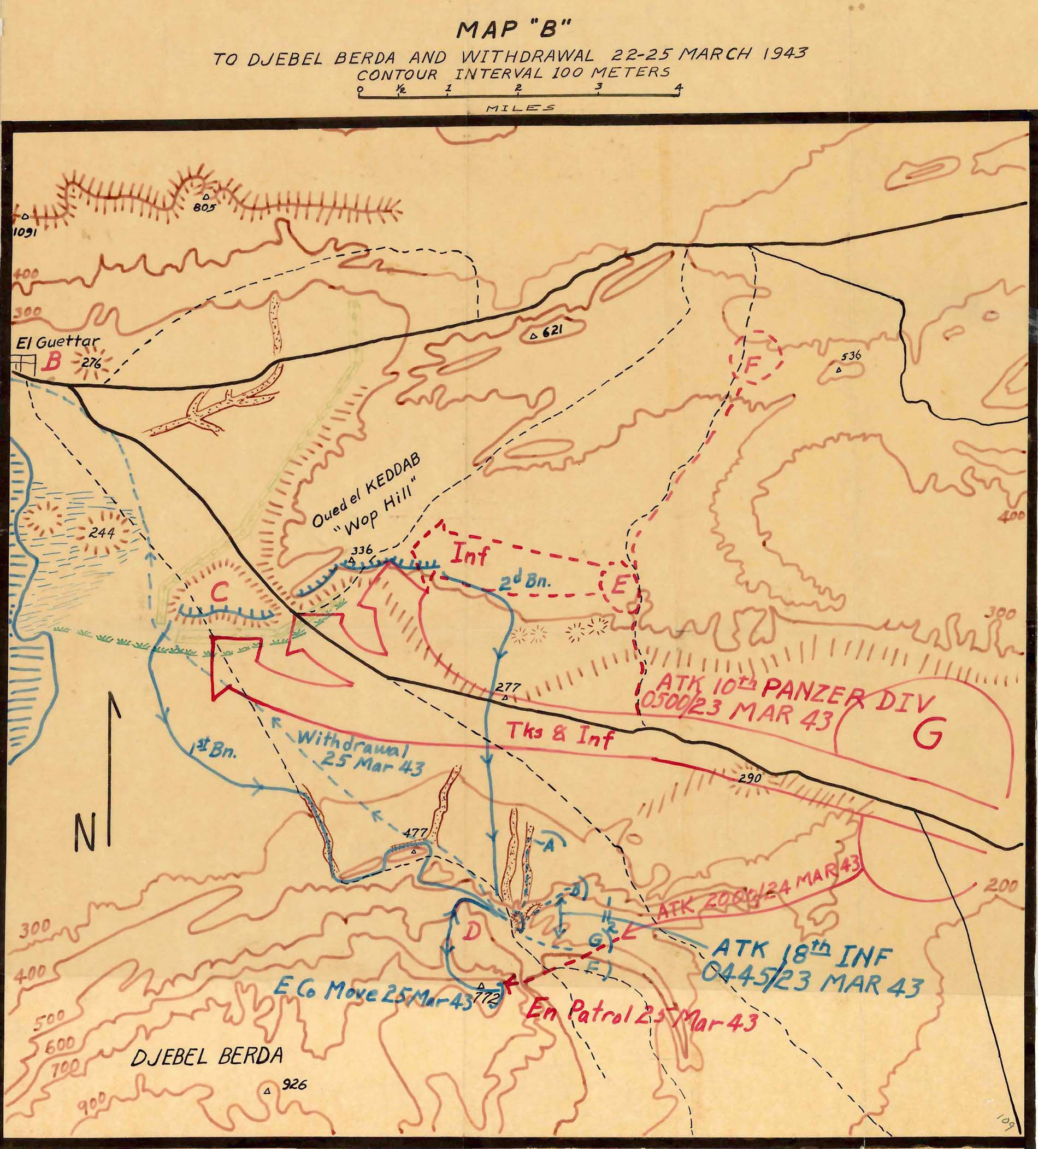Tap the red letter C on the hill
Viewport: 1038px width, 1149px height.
pos(218,594)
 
